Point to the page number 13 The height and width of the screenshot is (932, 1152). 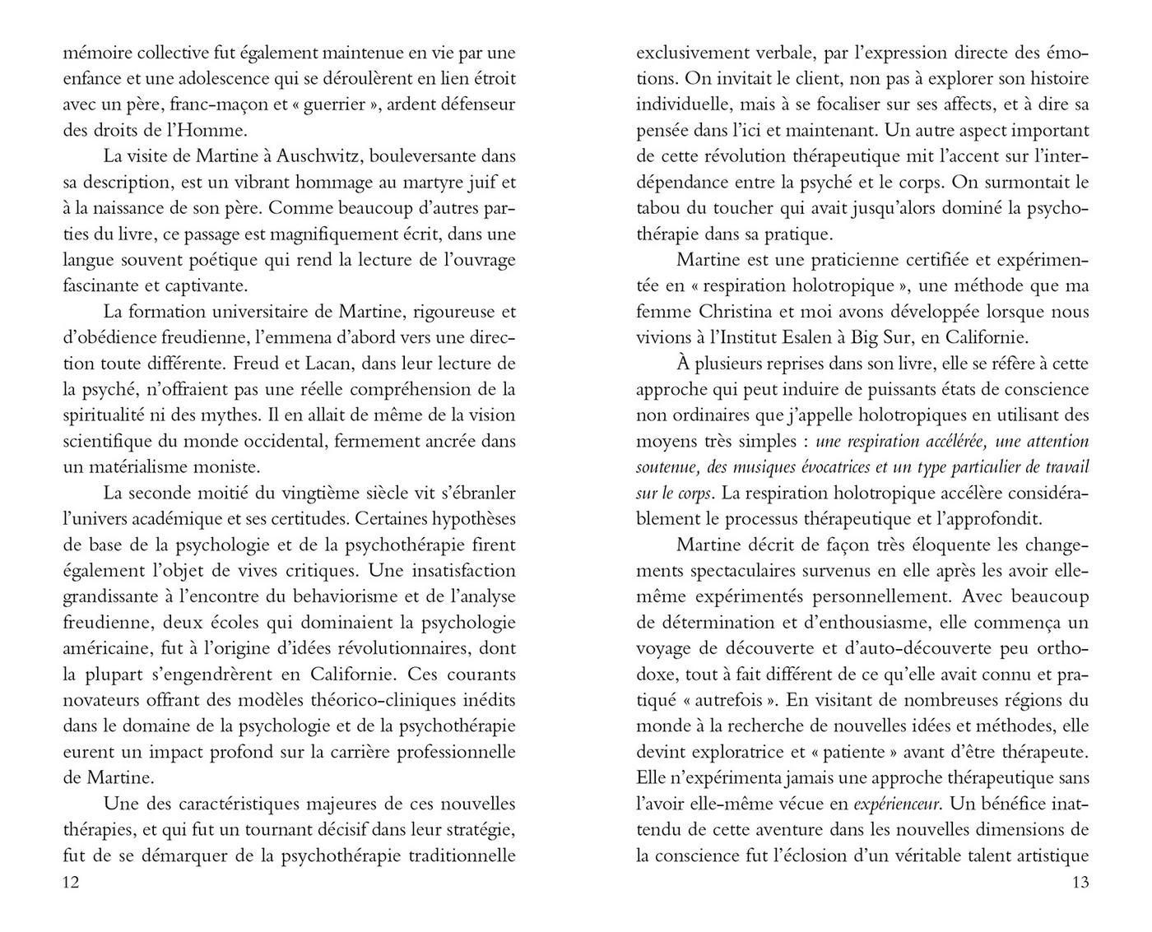pyautogui.click(x=1080, y=883)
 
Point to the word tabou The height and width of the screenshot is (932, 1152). pyautogui.click(x=657, y=208)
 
